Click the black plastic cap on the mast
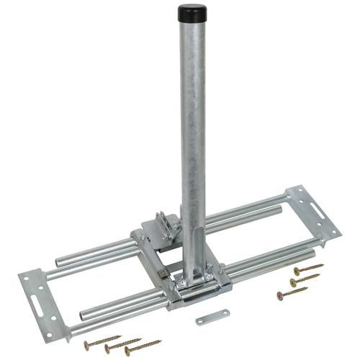point(189,13)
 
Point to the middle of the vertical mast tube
point(192,144)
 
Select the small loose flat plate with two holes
point(212,316)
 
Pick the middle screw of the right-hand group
point(305,280)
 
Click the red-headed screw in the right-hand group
point(292,293)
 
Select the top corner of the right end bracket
point(295,189)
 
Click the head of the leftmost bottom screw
point(86,346)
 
